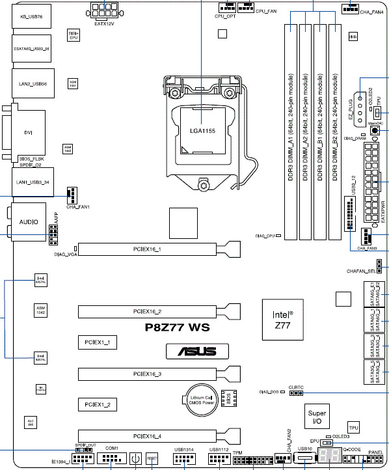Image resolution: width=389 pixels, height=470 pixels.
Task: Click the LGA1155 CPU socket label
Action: (202, 131)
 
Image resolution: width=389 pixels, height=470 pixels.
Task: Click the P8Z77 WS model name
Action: (178, 328)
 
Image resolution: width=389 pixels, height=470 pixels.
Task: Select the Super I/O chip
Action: (317, 416)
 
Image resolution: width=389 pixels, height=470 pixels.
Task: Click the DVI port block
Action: (28, 133)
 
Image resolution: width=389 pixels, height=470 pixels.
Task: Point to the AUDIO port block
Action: (29, 222)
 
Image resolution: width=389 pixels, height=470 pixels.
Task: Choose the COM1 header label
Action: (111, 449)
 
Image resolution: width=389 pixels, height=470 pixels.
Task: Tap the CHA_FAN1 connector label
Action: (77, 207)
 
